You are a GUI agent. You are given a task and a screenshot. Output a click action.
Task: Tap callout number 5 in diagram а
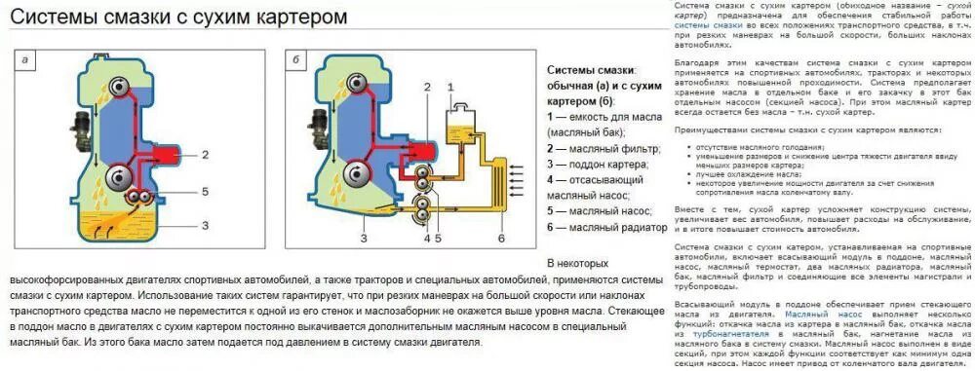tap(206, 192)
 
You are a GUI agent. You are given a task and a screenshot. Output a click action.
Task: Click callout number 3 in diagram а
tap(206, 225)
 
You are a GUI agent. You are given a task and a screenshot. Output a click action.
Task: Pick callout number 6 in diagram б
tap(501, 238)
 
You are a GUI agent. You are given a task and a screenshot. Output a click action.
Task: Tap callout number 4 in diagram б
tap(425, 238)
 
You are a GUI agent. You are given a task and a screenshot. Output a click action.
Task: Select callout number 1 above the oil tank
tap(450, 87)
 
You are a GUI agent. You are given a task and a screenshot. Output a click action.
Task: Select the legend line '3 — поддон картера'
tap(599, 167)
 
